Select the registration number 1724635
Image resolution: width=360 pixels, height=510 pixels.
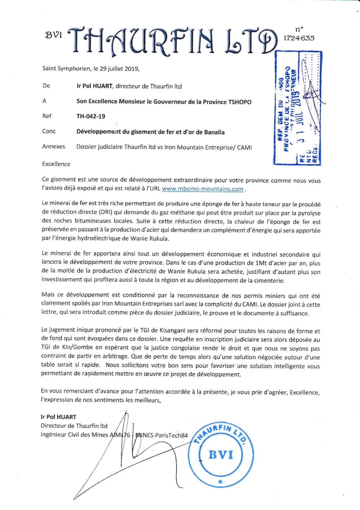299,38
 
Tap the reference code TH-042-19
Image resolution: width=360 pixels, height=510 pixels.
91,116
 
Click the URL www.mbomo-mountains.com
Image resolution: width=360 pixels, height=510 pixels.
203,189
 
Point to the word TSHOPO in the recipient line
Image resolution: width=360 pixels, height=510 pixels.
240,102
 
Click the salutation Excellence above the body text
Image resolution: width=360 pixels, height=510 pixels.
56,164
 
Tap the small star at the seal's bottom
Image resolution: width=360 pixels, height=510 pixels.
220,482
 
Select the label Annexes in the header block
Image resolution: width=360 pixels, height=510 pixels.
54,147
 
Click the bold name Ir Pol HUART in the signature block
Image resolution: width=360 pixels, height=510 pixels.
59,417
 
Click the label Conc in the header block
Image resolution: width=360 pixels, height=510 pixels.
49,131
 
